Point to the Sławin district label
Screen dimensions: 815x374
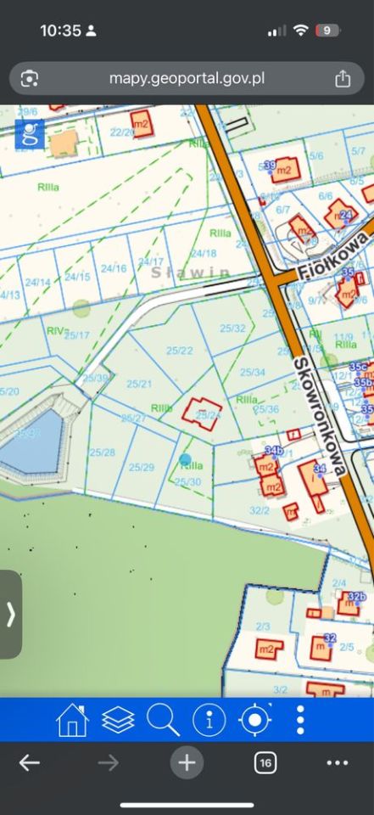[191, 273]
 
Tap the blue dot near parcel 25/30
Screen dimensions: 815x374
[185, 459]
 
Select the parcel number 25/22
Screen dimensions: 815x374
[180, 350]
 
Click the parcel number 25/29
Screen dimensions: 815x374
[141, 467]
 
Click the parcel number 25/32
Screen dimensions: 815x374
[232, 328]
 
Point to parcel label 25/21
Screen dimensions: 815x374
[139, 384]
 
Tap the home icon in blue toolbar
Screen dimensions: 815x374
[72, 720]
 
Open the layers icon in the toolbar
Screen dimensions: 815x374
[118, 720]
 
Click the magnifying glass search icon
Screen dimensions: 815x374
[163, 720]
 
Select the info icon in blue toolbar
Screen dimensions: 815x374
[209, 720]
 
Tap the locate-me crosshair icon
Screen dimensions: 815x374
[254, 720]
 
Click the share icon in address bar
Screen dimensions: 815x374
[343, 79]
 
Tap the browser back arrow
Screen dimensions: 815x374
[30, 763]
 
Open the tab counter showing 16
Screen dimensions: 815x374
[265, 763]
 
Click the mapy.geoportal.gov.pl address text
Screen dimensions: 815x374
[187, 79]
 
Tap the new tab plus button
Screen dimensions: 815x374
[187, 763]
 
